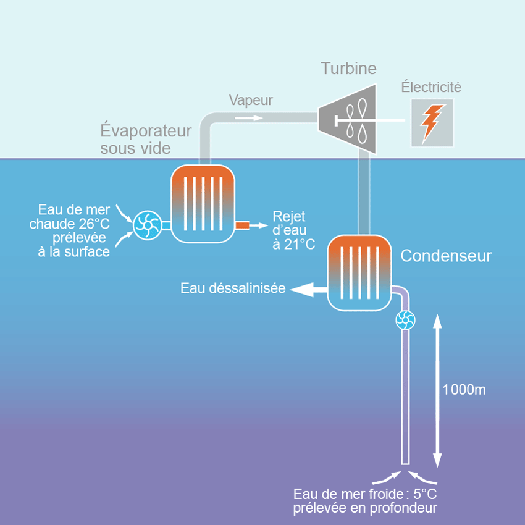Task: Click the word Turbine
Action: pos(348,69)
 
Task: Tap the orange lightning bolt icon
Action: pos(432,123)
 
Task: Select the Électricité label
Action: pos(431,87)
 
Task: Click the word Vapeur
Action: pos(250,100)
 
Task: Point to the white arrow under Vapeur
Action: pos(251,115)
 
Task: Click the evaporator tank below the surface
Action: pos(203,203)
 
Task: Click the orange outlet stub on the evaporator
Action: pos(241,225)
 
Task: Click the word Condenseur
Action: pos(447,256)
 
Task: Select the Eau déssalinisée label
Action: pos(233,288)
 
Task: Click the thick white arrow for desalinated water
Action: pos(308,288)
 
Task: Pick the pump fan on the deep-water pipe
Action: pos(406,320)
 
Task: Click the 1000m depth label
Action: pos(464,390)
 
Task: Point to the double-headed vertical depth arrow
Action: pos(437,390)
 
